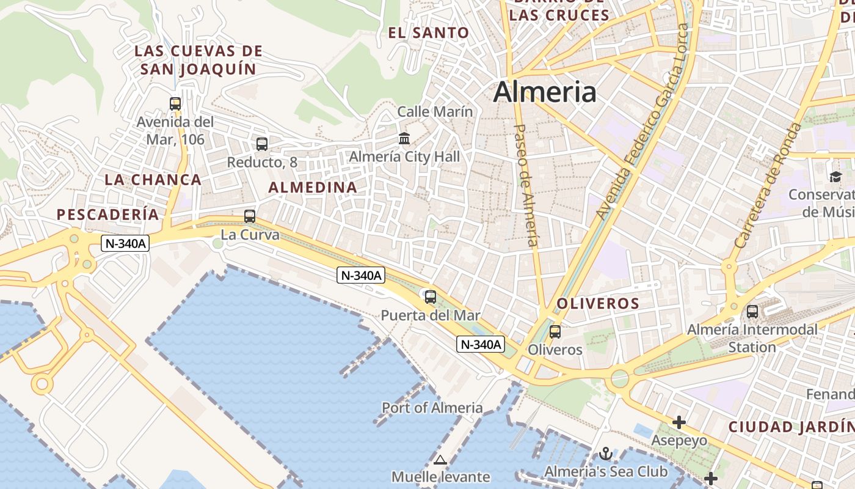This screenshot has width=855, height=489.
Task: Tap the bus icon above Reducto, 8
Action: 262,144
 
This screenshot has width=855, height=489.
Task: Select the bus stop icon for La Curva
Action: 250,216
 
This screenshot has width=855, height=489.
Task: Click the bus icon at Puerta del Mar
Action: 431,297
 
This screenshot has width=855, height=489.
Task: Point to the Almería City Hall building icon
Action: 404,139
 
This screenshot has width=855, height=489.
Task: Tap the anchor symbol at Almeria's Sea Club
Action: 605,454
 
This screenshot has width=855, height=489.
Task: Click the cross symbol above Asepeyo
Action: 679,422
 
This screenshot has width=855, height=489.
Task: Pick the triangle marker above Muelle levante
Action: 440,460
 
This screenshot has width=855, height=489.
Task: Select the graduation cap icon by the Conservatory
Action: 835,177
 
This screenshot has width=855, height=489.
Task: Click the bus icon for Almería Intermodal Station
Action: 752,311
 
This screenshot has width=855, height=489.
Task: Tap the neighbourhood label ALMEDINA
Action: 313,188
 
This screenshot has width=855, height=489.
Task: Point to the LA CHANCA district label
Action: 153,180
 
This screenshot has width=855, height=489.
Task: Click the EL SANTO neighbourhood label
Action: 429,33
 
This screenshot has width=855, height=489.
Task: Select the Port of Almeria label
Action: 432,408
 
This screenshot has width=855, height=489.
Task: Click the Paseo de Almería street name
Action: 526,185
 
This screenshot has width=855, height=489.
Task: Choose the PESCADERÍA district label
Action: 107,215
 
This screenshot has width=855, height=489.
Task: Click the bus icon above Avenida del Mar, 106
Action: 175,103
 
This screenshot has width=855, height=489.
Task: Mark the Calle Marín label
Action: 435,112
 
